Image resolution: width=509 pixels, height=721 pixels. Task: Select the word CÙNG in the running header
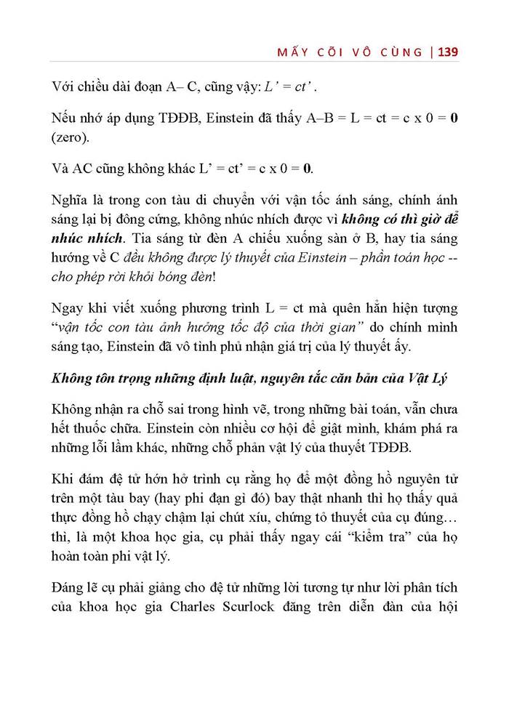[x=403, y=52]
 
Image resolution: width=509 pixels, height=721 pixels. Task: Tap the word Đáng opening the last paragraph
[x=71, y=587]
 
